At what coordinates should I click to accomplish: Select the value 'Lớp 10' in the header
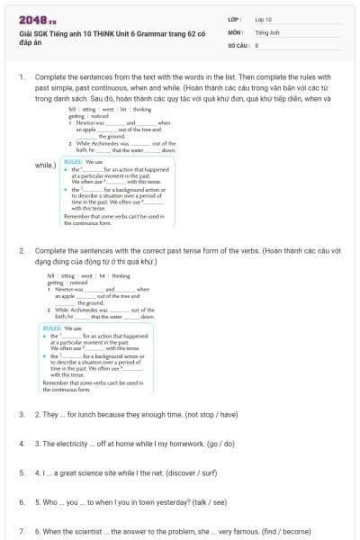coord(264,18)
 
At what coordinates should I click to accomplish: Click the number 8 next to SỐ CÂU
coord(256,43)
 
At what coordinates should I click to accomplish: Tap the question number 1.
coord(21,77)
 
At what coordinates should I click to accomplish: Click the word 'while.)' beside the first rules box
coord(45,166)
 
